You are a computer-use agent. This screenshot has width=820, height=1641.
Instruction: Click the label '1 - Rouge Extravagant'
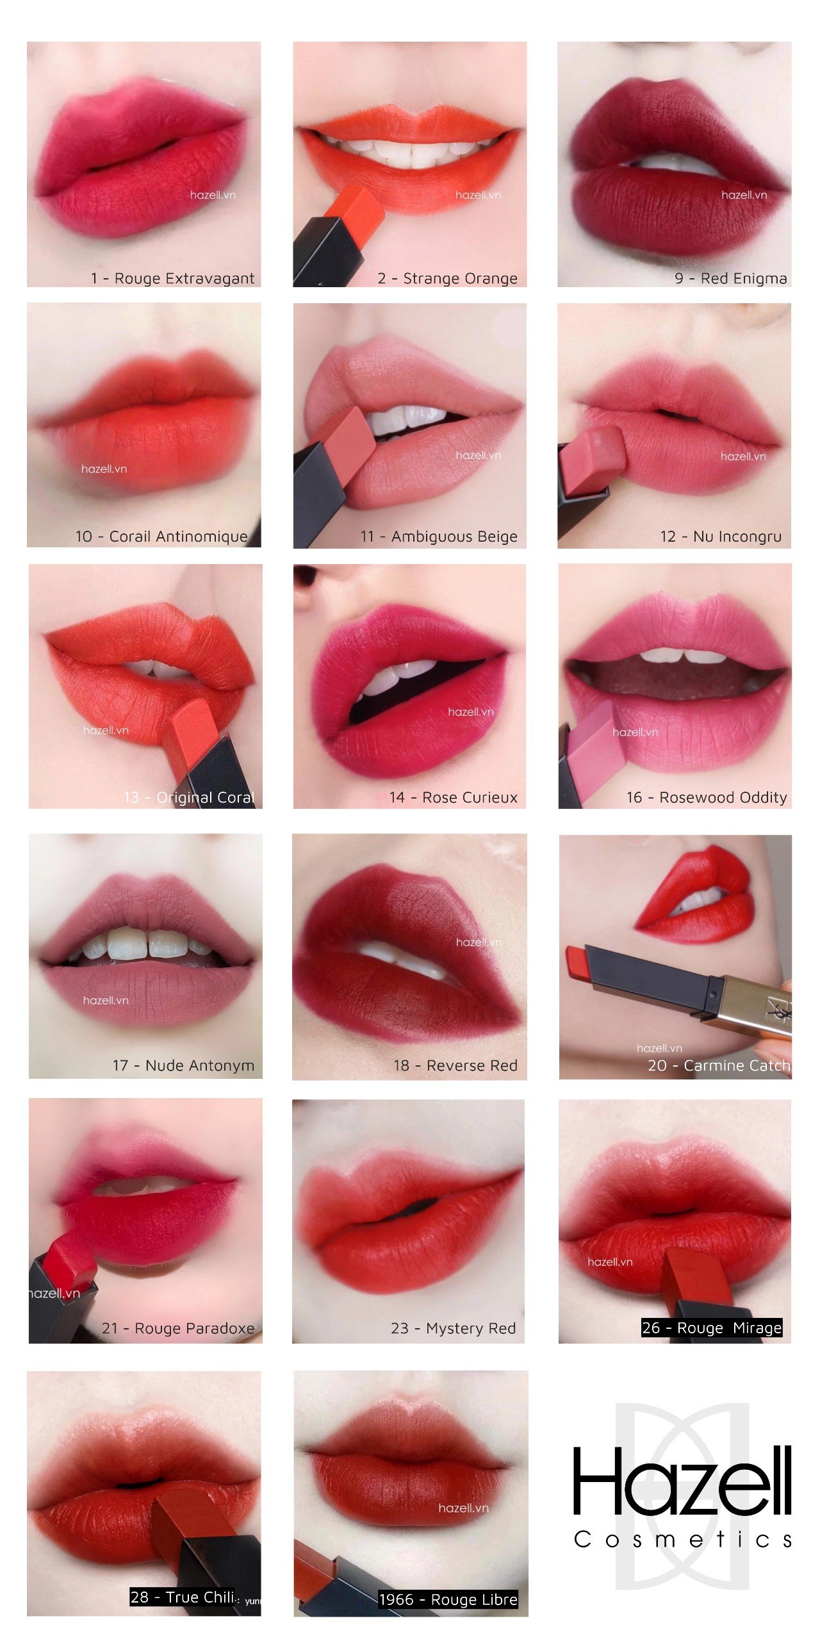172,278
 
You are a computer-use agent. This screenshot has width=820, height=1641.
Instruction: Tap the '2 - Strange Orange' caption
447,278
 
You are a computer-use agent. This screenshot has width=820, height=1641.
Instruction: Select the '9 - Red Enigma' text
730,278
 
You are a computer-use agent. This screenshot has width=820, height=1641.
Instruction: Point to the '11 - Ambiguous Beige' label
439,537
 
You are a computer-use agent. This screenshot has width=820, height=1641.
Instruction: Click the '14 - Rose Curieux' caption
453,797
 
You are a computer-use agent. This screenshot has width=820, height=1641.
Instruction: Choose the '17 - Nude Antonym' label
183,1065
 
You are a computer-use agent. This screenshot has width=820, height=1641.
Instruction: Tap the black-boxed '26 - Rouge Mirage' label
711,1328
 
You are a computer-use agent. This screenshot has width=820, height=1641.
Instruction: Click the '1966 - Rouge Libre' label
448,1599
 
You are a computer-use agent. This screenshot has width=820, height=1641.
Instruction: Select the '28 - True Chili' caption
183,1597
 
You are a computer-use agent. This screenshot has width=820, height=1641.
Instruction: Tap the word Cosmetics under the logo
683,1540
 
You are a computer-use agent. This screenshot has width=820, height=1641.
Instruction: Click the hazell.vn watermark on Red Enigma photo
744,195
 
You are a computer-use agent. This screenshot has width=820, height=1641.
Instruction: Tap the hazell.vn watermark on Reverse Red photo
479,942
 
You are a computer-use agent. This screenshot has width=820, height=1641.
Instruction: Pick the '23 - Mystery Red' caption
453,1328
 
